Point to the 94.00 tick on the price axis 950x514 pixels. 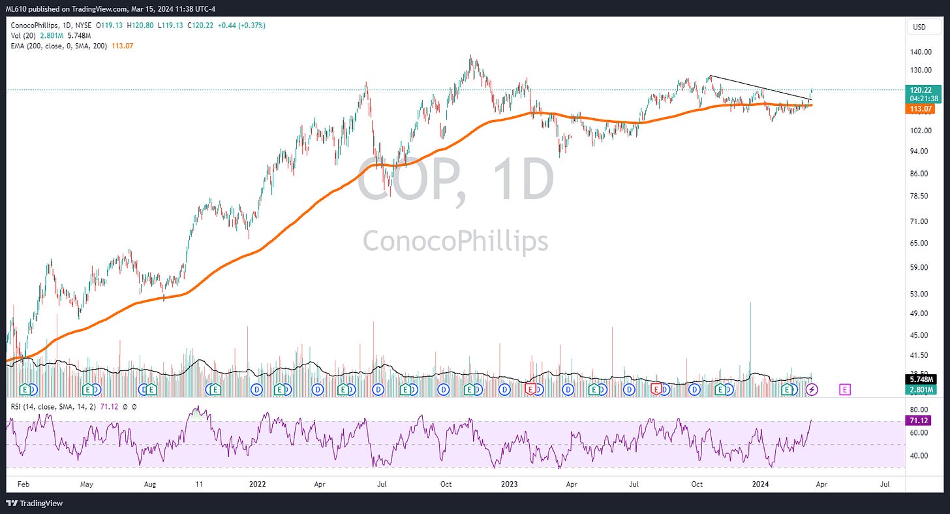[x=919, y=151]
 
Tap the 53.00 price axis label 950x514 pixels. [x=919, y=294]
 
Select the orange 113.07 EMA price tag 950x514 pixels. [x=921, y=109]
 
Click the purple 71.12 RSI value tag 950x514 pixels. [x=919, y=421]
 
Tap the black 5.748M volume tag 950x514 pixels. [x=921, y=379]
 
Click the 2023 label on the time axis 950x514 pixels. [x=509, y=485]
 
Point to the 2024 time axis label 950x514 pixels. [x=760, y=485]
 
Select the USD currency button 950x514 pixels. [x=919, y=27]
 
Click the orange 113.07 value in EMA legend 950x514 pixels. [x=122, y=46]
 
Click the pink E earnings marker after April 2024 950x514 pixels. [x=845, y=389]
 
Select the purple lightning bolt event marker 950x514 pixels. [x=812, y=389]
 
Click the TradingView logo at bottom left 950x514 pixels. [x=35, y=504]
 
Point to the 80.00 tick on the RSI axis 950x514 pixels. [x=919, y=410]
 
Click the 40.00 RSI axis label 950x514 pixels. [x=919, y=456]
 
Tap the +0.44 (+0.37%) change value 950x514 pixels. [x=241, y=25]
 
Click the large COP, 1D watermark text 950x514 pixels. [x=455, y=180]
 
